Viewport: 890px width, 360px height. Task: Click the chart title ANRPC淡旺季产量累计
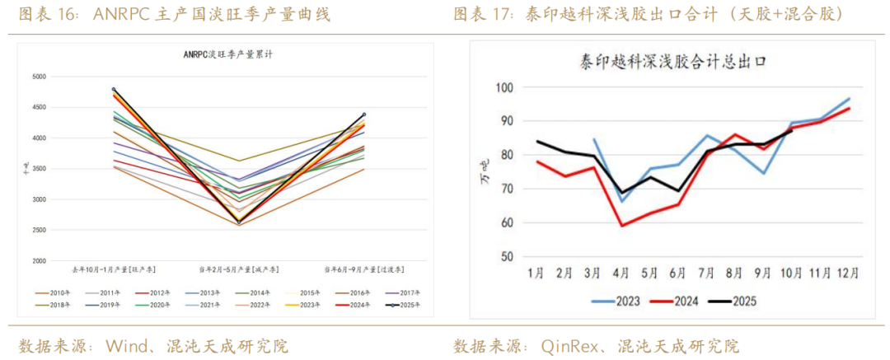[x=227, y=55]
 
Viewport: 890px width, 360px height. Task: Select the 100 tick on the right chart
[x=504, y=87]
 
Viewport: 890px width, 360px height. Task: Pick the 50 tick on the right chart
[x=507, y=256]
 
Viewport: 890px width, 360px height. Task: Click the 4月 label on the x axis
[x=621, y=273]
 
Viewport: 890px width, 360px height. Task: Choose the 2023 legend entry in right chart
[x=615, y=302]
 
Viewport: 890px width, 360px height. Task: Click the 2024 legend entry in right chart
[x=677, y=302]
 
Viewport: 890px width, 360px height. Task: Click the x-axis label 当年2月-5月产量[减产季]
[x=239, y=269]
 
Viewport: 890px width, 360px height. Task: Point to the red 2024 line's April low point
[x=621, y=225]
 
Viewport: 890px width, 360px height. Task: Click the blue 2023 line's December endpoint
[x=849, y=98]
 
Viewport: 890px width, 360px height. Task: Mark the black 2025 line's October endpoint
[x=792, y=131]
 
